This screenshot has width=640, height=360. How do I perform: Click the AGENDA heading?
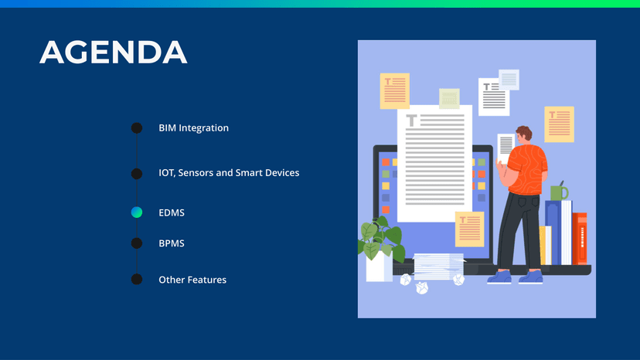tap(114, 53)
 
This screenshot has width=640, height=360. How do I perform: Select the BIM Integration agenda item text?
tap(193, 128)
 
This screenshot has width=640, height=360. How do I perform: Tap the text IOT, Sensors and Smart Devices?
tap(229, 173)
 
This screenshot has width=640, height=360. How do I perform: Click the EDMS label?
tap(172, 212)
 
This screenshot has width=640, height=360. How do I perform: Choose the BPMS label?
tap(172, 243)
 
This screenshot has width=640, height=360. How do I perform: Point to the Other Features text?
tap(192, 280)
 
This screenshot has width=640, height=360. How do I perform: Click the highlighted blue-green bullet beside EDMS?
tap(137, 212)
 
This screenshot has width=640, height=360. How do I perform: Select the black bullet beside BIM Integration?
tap(137, 128)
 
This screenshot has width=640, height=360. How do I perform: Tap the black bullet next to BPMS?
tap(137, 243)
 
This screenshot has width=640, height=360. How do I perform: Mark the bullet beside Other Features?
tap(137, 279)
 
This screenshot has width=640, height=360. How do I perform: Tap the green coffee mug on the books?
tap(559, 192)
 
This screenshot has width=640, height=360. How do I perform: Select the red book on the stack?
tap(580, 239)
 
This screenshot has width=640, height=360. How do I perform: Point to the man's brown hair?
tap(525, 132)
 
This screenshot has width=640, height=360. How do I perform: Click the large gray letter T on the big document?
tap(411, 121)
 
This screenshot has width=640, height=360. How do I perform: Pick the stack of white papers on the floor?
tap(439, 267)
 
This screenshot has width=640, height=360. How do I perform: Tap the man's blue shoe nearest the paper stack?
tap(499, 277)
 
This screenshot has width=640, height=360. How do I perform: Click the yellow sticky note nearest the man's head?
tap(559, 124)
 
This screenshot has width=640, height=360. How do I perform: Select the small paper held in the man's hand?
tap(506, 148)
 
